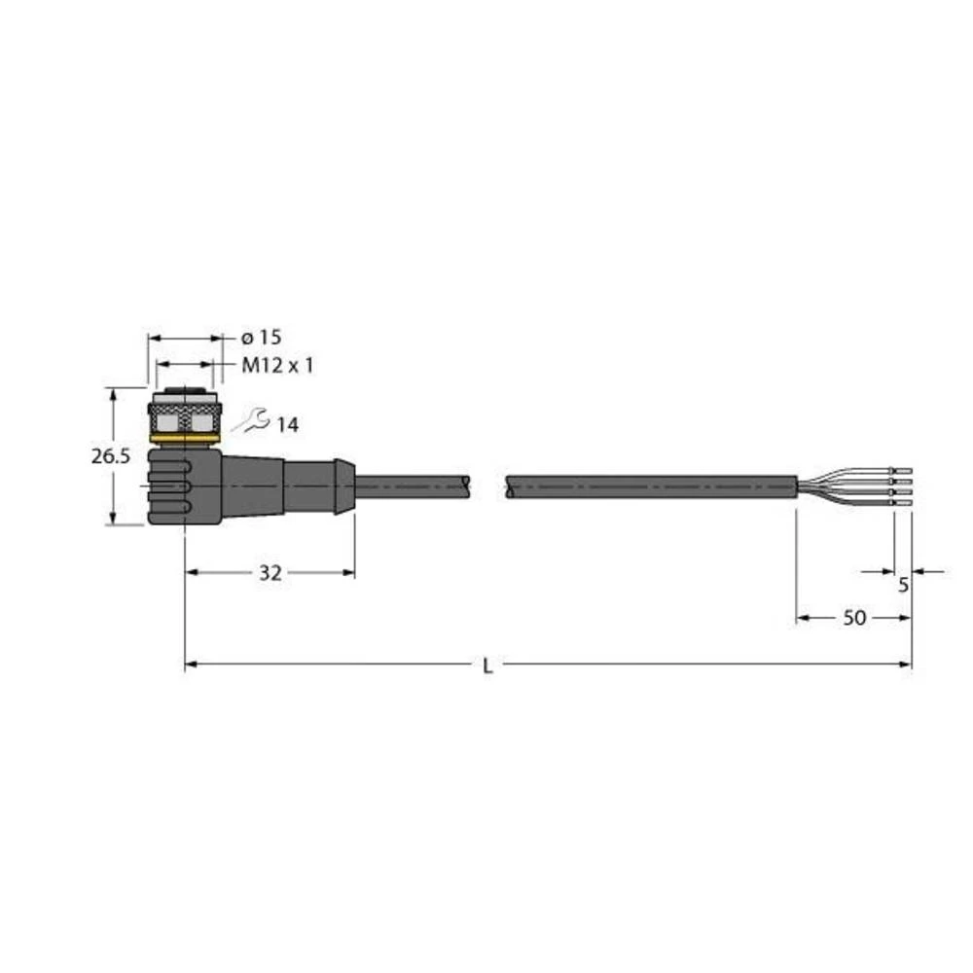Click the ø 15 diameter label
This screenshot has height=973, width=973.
pyautogui.click(x=260, y=338)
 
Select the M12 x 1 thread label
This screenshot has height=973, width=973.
pyautogui.click(x=276, y=366)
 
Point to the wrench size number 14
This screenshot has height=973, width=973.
pyautogui.click(x=287, y=424)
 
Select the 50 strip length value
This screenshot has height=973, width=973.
pyautogui.click(x=855, y=618)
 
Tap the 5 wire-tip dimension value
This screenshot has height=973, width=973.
pyautogui.click(x=903, y=586)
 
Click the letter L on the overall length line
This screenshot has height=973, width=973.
pyautogui.click(x=487, y=666)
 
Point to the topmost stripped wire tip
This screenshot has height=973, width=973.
pyautogui.click(x=902, y=470)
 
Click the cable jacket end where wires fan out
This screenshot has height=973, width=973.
pyautogui.click(x=795, y=485)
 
